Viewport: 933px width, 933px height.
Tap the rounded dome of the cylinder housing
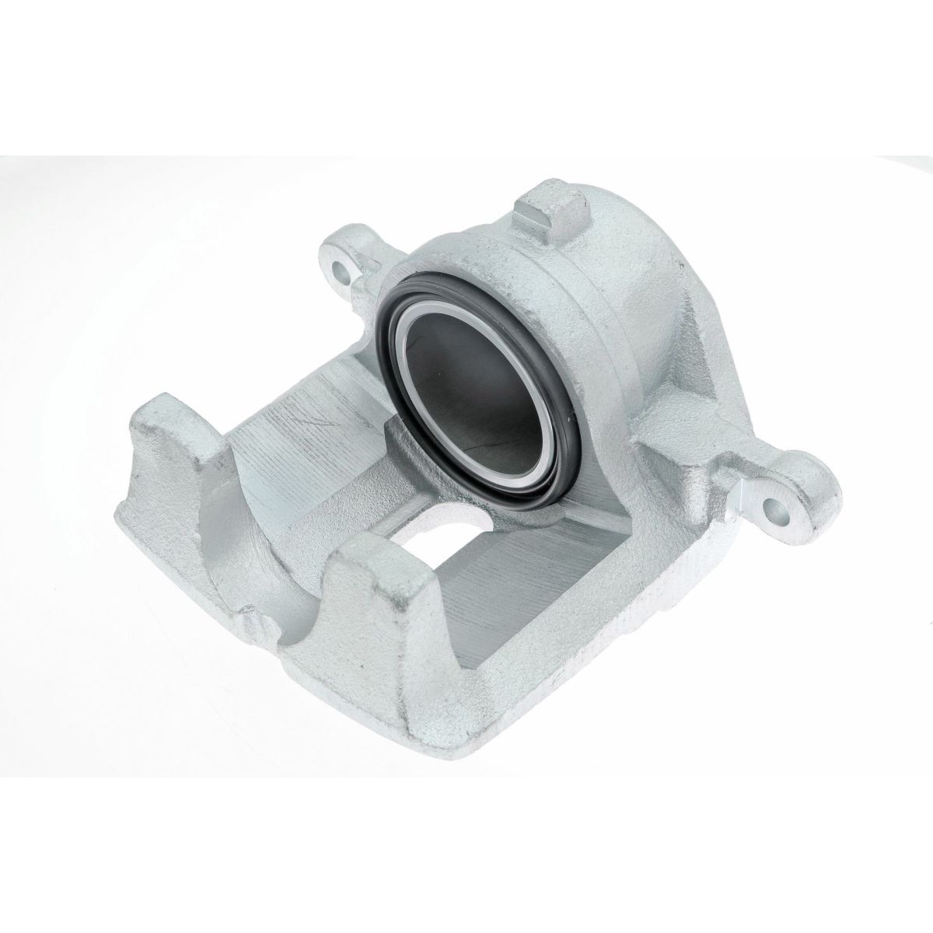[x=614, y=288]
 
